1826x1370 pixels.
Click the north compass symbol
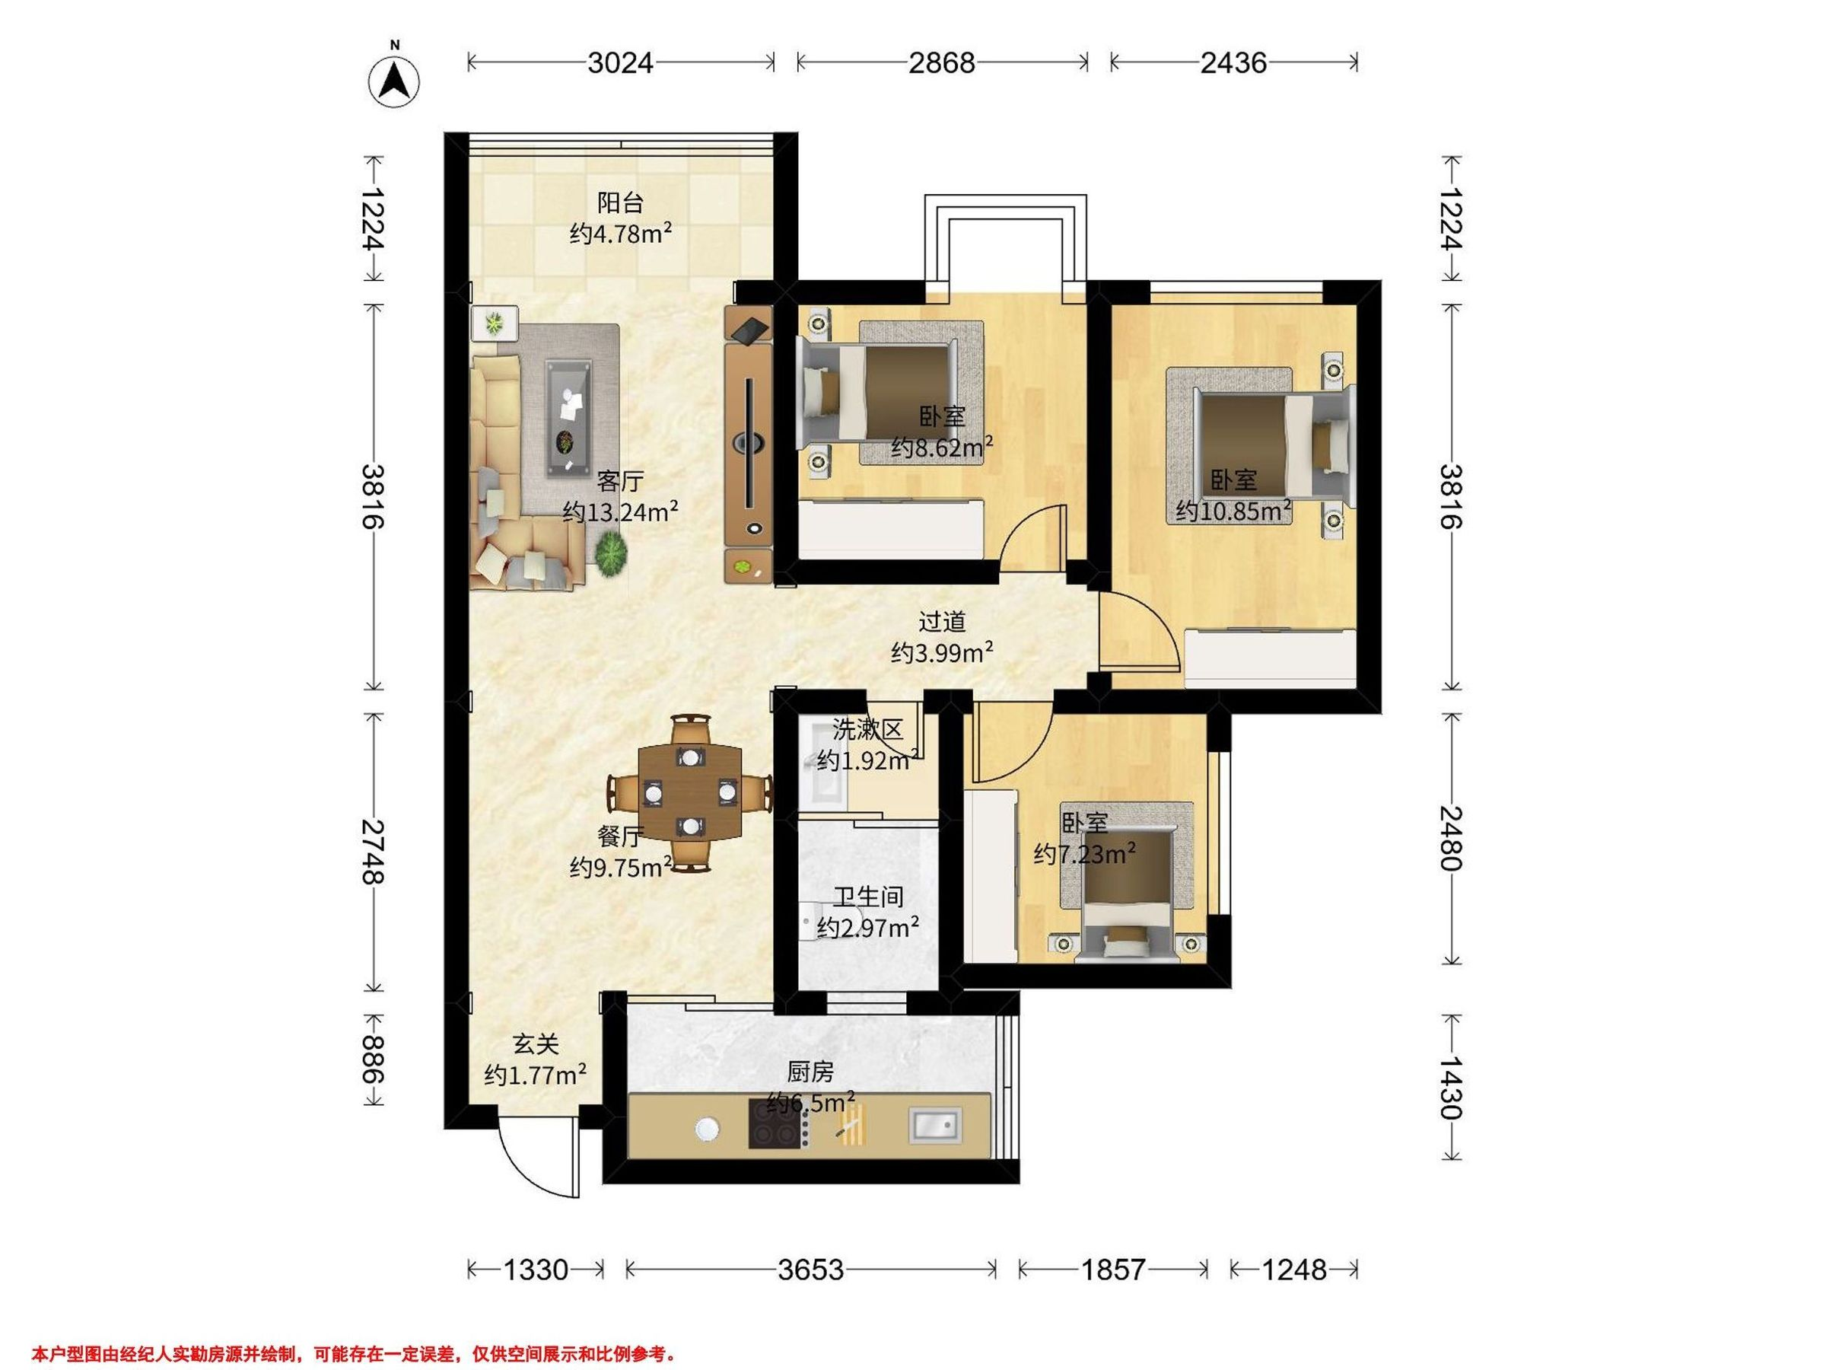395,81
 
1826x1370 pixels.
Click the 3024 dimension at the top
620,62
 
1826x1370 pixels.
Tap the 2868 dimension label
942,62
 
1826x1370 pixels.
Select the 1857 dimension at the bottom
1114,1270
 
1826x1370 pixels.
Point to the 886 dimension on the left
373,1059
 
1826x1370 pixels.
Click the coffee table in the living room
569,418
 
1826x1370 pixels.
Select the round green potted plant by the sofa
610,553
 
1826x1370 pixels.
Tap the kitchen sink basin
935,1125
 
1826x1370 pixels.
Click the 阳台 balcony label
620,203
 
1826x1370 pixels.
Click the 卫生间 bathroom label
867,897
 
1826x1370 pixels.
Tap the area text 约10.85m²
1233,511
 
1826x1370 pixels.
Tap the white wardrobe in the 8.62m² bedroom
892,528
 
